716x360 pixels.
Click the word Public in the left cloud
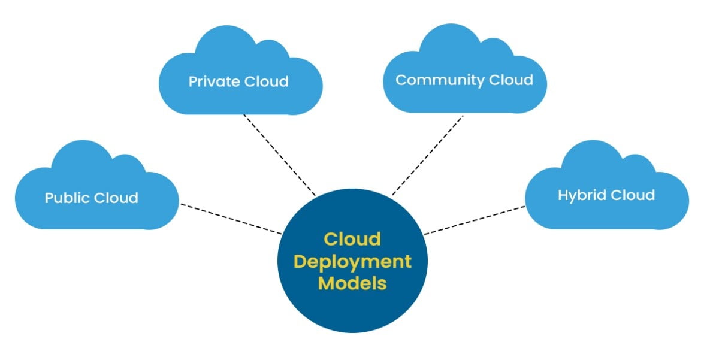67,198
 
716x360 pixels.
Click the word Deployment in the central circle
353,261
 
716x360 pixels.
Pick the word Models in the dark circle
352,283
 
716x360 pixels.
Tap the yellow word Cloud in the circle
352,239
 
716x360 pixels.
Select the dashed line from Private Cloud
279,155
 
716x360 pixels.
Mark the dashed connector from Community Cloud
428,155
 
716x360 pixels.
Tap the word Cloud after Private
265,81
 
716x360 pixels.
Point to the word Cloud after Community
511,80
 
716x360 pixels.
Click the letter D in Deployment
301,261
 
